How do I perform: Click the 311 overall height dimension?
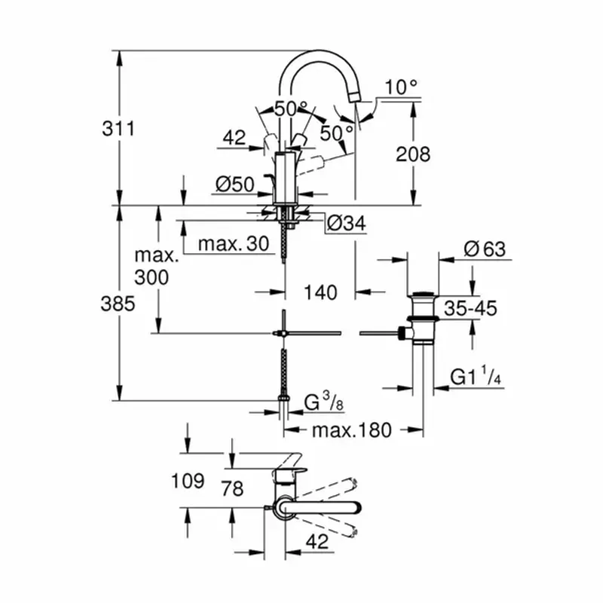click(x=118, y=128)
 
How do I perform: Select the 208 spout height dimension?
click(x=413, y=155)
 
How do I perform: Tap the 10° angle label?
click(x=401, y=87)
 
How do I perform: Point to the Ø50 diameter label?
click(x=234, y=184)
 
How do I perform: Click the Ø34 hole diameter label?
click(x=346, y=223)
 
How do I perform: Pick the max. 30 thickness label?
click(x=234, y=243)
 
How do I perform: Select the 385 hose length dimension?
click(x=118, y=304)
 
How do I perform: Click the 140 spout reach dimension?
click(x=320, y=292)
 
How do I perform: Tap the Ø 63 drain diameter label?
click(x=485, y=249)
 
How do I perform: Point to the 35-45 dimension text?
click(x=470, y=308)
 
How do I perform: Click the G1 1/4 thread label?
click(x=476, y=376)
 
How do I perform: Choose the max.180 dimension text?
click(x=351, y=430)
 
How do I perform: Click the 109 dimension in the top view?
click(x=188, y=481)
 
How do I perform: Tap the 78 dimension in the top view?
click(x=233, y=488)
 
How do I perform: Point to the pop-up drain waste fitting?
click(x=422, y=318)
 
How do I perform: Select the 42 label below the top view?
click(x=317, y=541)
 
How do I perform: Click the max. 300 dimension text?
click(x=152, y=266)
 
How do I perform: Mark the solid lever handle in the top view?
click(x=319, y=507)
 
